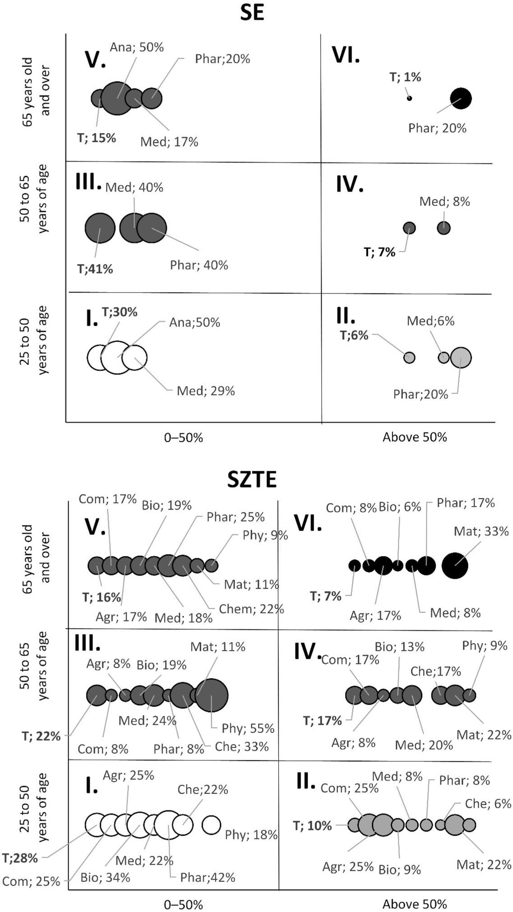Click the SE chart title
tap(252, 13)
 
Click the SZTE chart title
tap(252, 479)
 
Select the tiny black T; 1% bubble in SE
tap(409, 98)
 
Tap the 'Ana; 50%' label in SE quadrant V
tap(137, 47)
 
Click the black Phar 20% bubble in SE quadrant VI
tap(461, 98)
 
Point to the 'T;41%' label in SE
tap(95, 269)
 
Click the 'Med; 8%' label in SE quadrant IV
tap(444, 201)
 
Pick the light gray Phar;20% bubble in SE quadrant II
tap(461, 358)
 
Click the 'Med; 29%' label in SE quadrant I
tap(206, 391)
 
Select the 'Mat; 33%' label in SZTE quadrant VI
tap(481, 531)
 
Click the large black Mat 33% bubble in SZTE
tap(454, 565)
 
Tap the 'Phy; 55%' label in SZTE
tap(248, 728)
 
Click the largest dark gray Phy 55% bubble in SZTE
tap(212, 695)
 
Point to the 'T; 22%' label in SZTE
tap(41, 736)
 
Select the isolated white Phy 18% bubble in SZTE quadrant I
tap(211, 825)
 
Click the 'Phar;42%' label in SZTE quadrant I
tap(208, 878)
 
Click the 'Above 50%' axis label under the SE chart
tap(414, 437)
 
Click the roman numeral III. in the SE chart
tap(88, 181)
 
